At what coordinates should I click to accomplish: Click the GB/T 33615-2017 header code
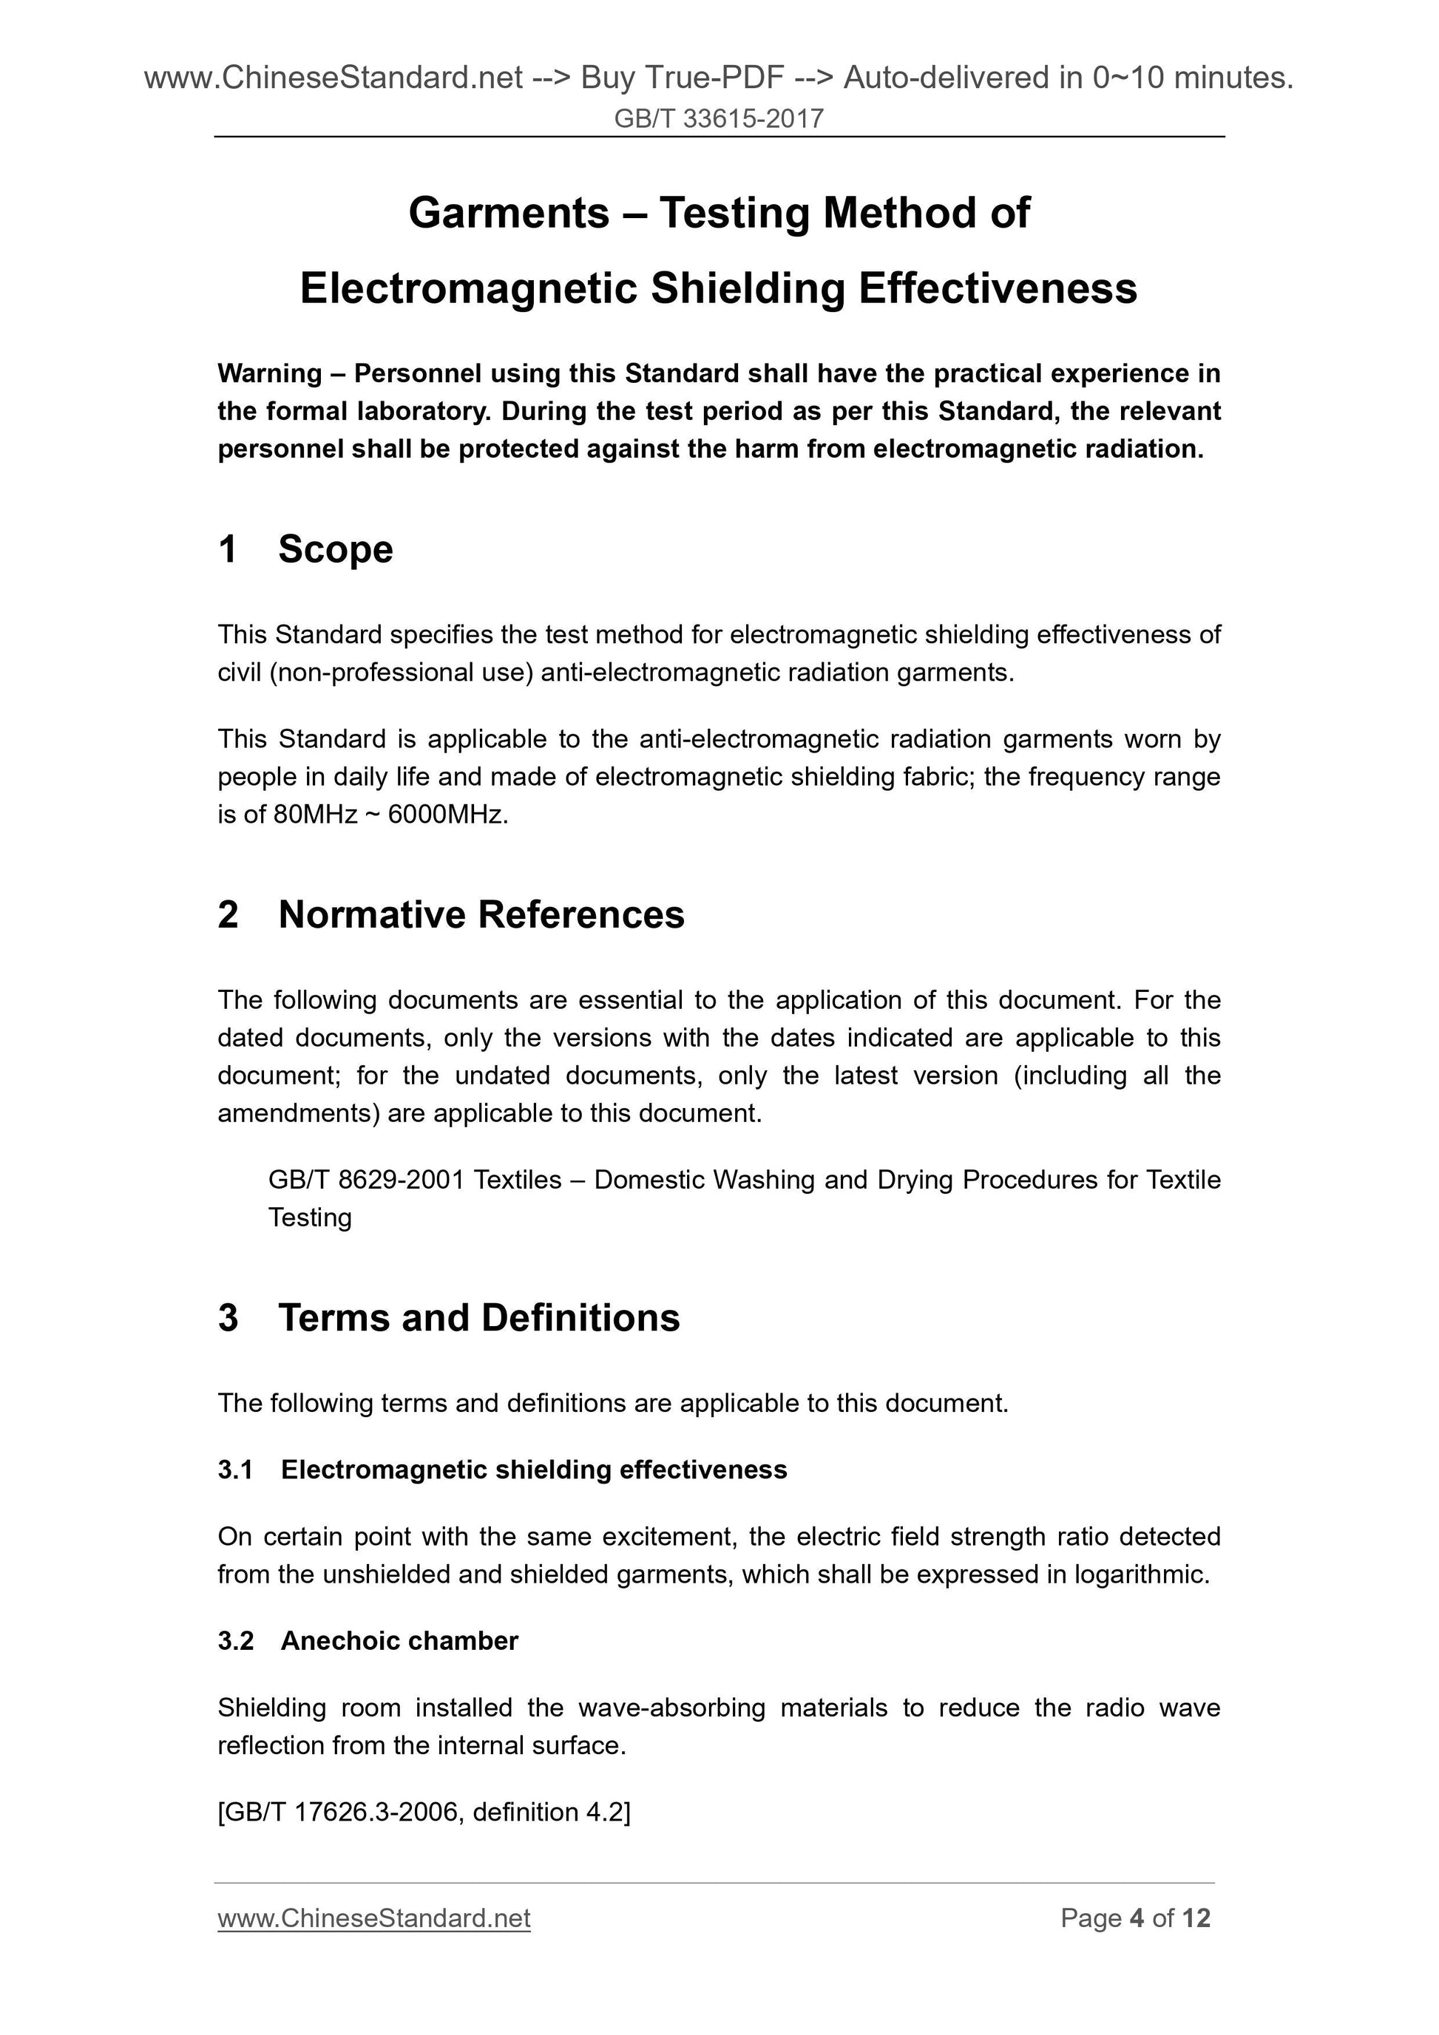pyautogui.click(x=718, y=119)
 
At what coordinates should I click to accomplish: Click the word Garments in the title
pyautogui.click(x=509, y=214)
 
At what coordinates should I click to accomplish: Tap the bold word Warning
pyautogui.click(x=270, y=374)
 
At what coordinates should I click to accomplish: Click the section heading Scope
pyautogui.click(x=335, y=549)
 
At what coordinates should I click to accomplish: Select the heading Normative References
pyautogui.click(x=481, y=914)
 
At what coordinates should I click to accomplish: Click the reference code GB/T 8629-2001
pyautogui.click(x=366, y=1180)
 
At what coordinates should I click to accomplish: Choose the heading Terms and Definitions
pyautogui.click(x=478, y=1318)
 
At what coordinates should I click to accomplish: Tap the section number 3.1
pyautogui.click(x=235, y=1470)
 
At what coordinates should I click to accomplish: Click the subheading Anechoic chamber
pyautogui.click(x=399, y=1640)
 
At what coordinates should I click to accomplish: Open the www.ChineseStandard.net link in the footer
pyautogui.click(x=373, y=1918)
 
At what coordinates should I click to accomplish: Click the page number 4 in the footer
pyautogui.click(x=1137, y=1918)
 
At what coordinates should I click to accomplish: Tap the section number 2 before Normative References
pyautogui.click(x=228, y=914)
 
